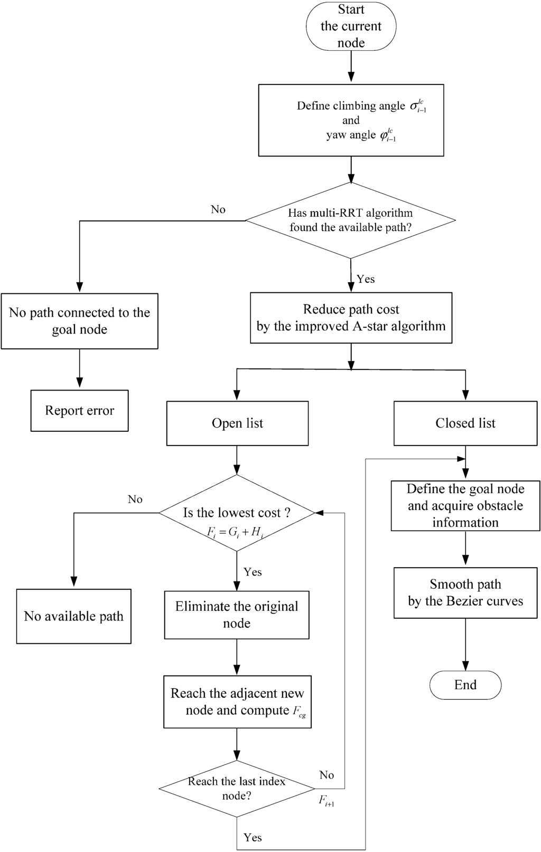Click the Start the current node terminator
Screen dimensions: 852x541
(351, 26)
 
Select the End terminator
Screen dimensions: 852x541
(465, 685)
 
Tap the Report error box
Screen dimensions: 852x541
(79, 411)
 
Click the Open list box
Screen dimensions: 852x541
(237, 423)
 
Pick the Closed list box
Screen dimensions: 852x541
(465, 423)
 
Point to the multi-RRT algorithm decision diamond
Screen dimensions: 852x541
(351, 220)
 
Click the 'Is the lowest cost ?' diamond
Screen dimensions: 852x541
(237, 513)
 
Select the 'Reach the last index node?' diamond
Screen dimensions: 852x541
(237, 789)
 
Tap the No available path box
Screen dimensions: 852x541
(73, 616)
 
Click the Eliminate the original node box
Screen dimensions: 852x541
(237, 615)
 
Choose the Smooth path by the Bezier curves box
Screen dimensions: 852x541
(465, 593)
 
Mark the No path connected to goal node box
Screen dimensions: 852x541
(79, 321)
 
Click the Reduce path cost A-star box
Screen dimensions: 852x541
(351, 318)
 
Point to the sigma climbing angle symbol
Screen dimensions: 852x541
(418, 106)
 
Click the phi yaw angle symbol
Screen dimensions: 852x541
(388, 135)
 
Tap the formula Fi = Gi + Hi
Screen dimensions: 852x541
(235, 533)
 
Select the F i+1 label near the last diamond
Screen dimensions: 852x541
(326, 801)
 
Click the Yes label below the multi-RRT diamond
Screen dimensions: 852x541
(366, 279)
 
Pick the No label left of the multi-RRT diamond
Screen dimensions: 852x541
(218, 209)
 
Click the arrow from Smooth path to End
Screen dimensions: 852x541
(465, 645)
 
